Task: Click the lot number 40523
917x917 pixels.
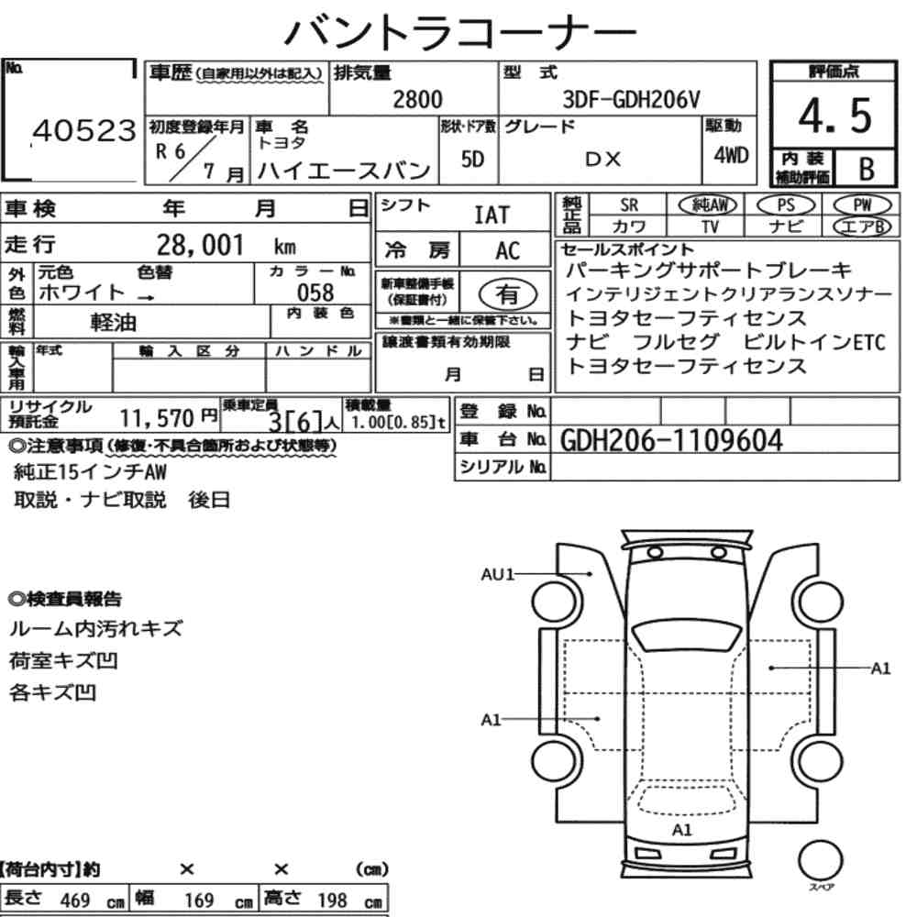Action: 84,131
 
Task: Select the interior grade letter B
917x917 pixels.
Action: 867,169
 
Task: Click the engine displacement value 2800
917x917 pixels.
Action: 417,99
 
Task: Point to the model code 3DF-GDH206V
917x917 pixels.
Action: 631,100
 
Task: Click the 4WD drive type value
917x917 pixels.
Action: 731,156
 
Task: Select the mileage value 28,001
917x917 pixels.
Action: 200,245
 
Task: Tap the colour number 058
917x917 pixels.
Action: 315,293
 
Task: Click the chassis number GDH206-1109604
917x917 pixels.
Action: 671,440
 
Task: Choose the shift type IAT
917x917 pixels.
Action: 492,215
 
